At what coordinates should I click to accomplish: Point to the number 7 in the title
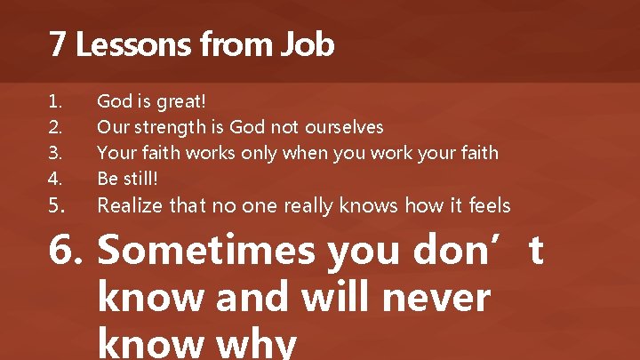coord(58,44)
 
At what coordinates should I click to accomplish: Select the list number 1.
coord(56,101)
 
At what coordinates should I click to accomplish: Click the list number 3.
coord(57,153)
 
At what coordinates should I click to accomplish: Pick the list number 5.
coord(57,205)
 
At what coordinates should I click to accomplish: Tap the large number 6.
coord(66,252)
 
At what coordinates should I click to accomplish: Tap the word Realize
coord(130,205)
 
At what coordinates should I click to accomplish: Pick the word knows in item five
coord(365,205)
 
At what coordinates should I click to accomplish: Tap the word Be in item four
coord(108,179)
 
